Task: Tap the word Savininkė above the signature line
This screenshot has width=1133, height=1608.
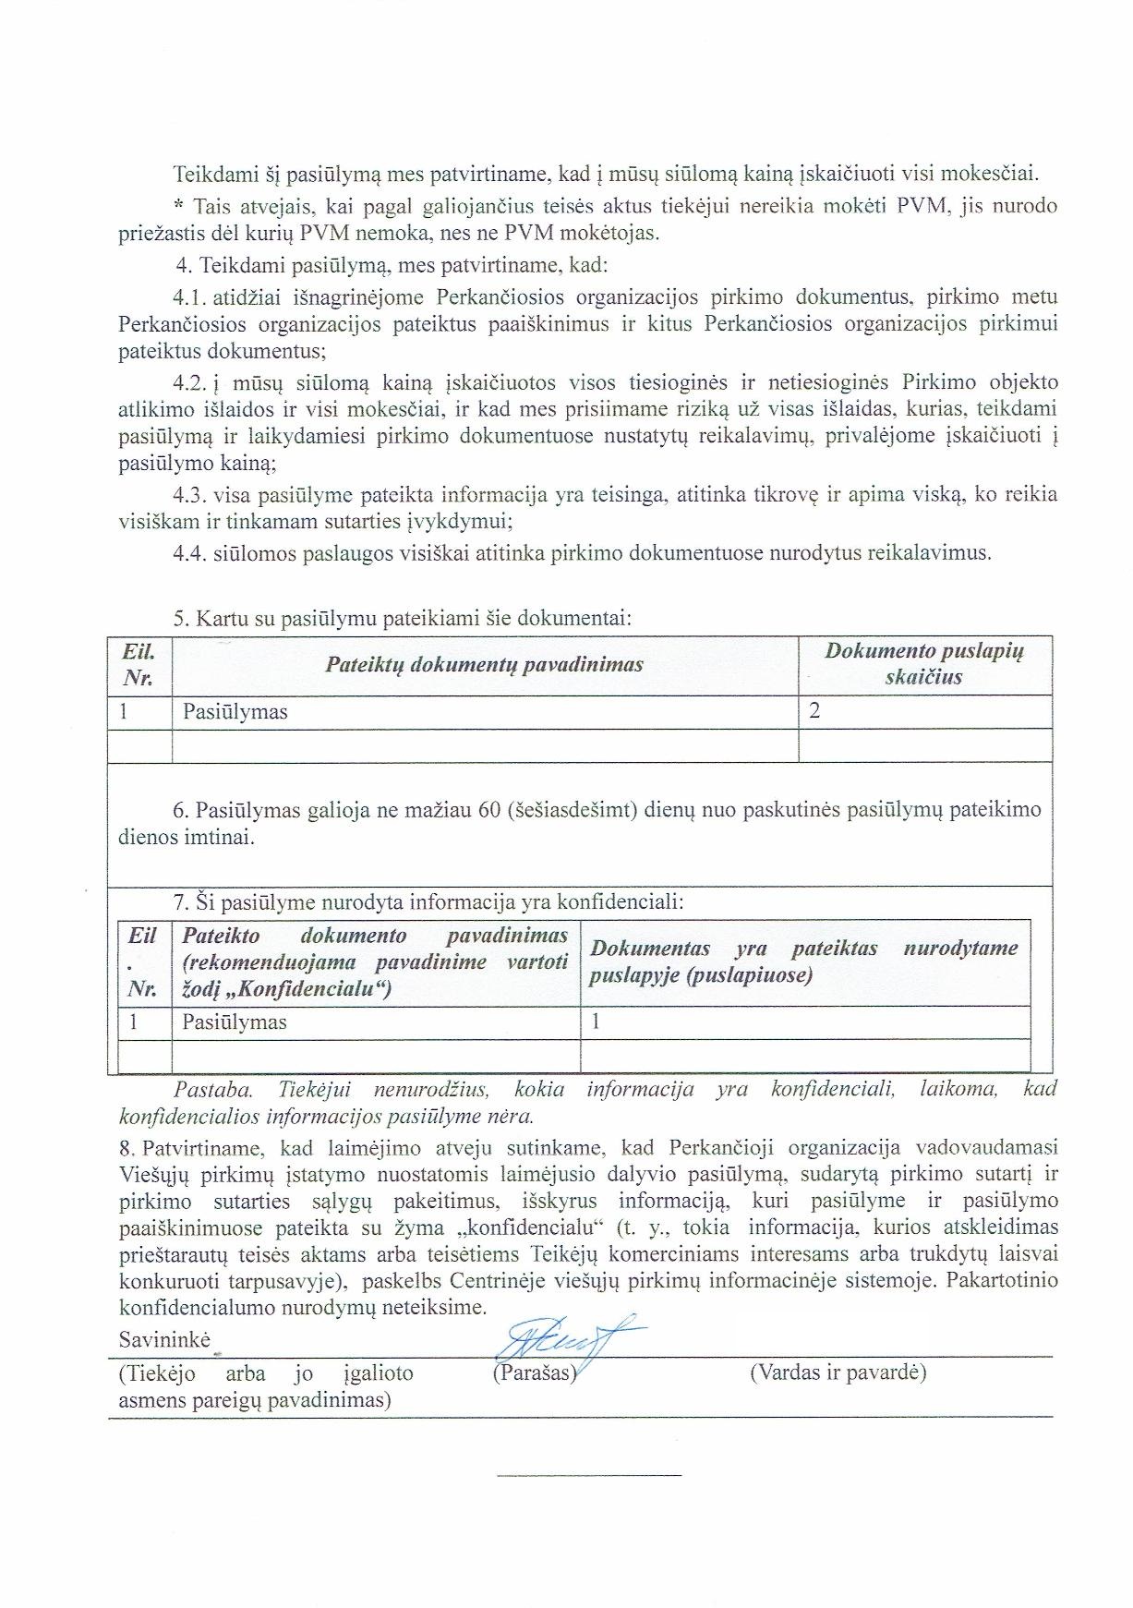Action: click(x=164, y=1339)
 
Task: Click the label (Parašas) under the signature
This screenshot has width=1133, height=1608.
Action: click(x=535, y=1372)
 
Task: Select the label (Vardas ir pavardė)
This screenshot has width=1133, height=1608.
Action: click(x=838, y=1372)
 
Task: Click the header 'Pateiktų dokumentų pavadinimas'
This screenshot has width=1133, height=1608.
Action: click(x=484, y=664)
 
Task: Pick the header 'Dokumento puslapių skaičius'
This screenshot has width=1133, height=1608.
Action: click(x=923, y=663)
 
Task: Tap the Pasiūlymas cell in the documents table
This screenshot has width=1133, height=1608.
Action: click(x=235, y=712)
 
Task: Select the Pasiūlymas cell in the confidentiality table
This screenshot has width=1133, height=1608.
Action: click(x=235, y=1022)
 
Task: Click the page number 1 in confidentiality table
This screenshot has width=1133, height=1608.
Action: click(x=596, y=1022)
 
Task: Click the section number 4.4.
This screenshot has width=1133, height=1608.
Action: click(x=189, y=553)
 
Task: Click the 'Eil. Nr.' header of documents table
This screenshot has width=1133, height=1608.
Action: click(x=139, y=664)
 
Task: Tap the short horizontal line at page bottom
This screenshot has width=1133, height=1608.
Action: click(x=589, y=1475)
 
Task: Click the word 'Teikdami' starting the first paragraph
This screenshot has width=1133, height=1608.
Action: click(x=209, y=173)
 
